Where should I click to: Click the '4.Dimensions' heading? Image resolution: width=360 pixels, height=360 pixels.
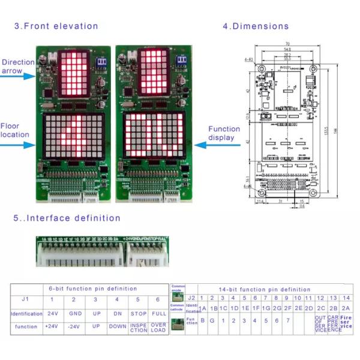point(256,26)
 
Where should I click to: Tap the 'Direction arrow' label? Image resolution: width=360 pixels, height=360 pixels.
point(18,66)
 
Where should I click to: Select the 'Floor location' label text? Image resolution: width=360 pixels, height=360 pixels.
point(14,130)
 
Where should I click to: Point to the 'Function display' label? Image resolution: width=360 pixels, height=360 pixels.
point(224,133)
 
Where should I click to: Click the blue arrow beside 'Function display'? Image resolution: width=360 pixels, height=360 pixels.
point(193,145)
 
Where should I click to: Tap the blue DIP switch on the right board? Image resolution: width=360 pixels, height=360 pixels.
point(181,60)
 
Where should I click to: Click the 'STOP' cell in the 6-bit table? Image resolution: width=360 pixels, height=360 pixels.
point(139,313)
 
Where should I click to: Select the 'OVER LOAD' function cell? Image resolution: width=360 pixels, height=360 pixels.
point(158,328)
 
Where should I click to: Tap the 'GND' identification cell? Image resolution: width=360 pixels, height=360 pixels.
point(73,313)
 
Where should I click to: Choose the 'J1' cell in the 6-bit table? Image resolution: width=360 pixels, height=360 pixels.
point(25,299)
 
